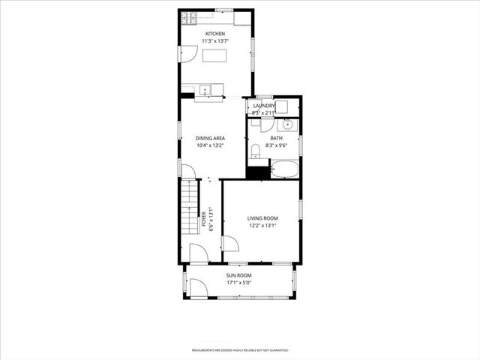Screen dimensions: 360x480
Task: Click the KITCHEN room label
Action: pyautogui.click(x=215, y=34)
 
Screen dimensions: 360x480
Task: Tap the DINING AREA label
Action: pyautogui.click(x=210, y=138)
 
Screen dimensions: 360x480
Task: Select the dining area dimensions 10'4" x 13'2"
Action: pyautogui.click(x=210, y=145)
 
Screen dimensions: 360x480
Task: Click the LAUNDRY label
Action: pyautogui.click(x=264, y=106)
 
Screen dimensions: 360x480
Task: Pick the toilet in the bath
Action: pyautogui.click(x=254, y=152)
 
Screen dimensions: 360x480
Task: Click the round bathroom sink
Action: pyautogui.click(x=287, y=124)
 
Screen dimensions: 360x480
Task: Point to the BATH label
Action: pyautogui.click(x=276, y=138)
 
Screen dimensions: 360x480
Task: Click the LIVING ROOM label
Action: pyautogui.click(x=262, y=218)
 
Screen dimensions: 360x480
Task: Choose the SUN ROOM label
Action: pyautogui.click(x=239, y=276)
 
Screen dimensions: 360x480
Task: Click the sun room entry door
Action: pyautogui.click(x=197, y=287)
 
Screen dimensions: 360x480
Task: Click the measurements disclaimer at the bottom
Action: pyautogui.click(x=239, y=350)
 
